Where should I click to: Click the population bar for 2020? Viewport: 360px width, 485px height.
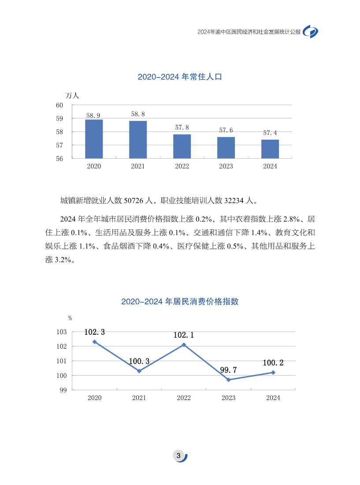(94, 139)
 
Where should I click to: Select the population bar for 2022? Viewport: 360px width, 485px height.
(182, 146)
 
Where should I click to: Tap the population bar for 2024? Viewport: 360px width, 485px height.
(270, 149)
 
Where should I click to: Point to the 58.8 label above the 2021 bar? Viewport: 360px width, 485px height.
(138, 114)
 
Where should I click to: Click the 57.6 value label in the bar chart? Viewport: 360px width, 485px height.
(226, 130)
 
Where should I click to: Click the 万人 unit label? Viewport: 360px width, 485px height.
(72, 95)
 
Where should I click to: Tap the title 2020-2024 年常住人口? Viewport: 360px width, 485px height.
(179, 77)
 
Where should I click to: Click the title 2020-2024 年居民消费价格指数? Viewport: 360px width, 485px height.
(180, 302)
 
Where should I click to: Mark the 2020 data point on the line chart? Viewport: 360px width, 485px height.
(95, 342)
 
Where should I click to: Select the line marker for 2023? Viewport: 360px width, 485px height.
(228, 380)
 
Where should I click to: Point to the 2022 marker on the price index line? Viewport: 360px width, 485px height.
(184, 345)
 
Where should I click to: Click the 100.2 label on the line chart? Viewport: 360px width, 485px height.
(273, 363)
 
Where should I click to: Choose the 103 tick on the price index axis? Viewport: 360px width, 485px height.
(61, 332)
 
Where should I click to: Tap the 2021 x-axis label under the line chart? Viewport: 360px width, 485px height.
(139, 398)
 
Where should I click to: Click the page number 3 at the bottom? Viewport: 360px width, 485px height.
(178, 456)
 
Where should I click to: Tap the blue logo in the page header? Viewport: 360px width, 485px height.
(311, 32)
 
